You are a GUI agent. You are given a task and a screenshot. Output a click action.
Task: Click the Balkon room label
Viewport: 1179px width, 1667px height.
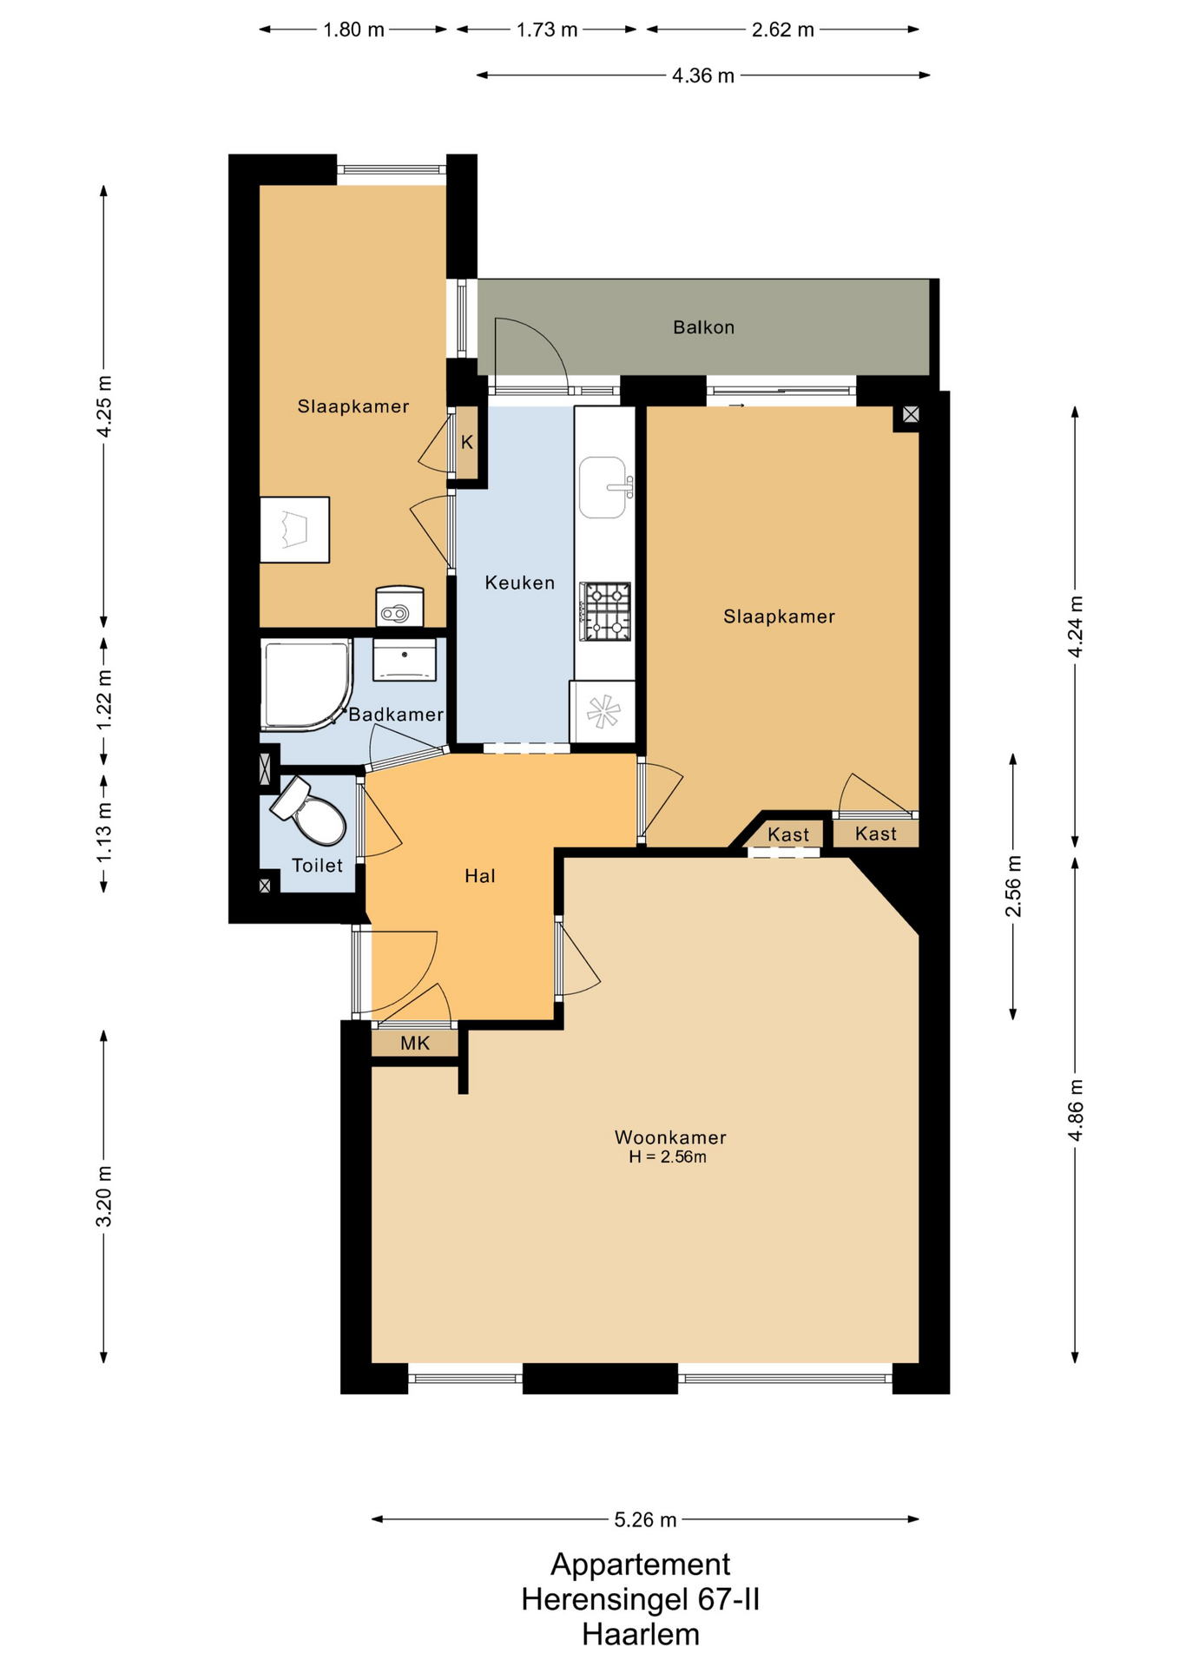pyautogui.click(x=703, y=327)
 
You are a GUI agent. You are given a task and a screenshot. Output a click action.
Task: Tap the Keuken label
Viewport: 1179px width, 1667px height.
pyautogui.click(x=519, y=583)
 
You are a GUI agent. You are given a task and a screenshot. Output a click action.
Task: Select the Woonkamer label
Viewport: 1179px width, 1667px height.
pyautogui.click(x=670, y=1137)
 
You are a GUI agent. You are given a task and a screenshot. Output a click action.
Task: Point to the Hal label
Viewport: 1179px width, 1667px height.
pyautogui.click(x=479, y=876)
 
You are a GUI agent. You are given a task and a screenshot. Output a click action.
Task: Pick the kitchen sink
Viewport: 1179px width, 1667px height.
pyautogui.click(x=603, y=487)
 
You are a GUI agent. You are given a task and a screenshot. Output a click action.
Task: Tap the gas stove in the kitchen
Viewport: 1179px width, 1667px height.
pyautogui.click(x=605, y=611)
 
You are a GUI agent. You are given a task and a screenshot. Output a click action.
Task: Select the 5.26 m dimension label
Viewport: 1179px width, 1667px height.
pyautogui.click(x=645, y=1519)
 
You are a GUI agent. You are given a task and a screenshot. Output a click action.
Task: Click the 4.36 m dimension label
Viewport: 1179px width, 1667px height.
pyautogui.click(x=703, y=76)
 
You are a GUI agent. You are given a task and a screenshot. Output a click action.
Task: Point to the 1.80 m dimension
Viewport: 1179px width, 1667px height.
pyautogui.click(x=353, y=30)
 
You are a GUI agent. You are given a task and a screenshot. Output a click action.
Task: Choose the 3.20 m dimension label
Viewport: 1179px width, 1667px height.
pyautogui.click(x=104, y=1196)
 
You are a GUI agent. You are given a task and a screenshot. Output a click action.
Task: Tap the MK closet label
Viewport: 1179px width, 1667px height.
pyautogui.click(x=415, y=1043)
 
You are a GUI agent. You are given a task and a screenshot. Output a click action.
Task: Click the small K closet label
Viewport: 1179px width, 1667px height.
pyautogui.click(x=467, y=443)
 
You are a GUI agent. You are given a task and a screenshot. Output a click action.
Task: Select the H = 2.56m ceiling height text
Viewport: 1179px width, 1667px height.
pyautogui.click(x=668, y=1156)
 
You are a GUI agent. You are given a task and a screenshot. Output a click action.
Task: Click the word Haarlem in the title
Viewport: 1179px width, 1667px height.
pyautogui.click(x=641, y=1634)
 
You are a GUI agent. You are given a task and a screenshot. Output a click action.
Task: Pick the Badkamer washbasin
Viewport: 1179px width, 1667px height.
pyautogui.click(x=405, y=661)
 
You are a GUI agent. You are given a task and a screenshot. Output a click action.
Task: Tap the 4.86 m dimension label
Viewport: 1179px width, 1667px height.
pyautogui.click(x=1076, y=1110)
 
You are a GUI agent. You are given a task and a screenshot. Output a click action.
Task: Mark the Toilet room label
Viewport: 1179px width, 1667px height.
pyautogui.click(x=317, y=865)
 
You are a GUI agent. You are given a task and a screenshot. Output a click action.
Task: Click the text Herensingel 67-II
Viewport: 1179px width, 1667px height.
pyautogui.click(x=641, y=1599)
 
